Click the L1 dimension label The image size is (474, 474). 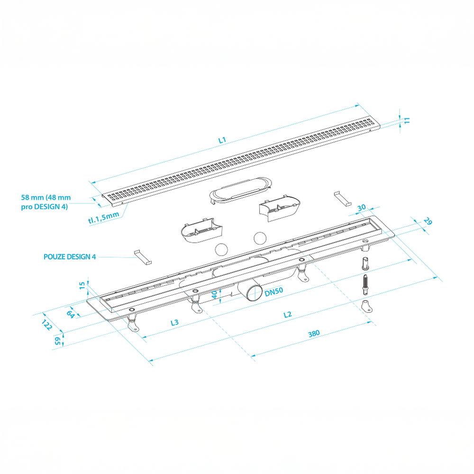(222, 140)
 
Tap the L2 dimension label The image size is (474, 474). (288, 315)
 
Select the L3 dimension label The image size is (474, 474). (175, 323)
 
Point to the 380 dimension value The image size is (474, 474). (314, 334)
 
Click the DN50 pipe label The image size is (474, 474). (274, 292)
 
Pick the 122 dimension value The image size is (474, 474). (47, 325)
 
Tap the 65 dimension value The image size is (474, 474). (57, 341)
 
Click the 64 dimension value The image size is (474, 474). (71, 314)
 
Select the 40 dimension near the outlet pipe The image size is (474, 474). (214, 295)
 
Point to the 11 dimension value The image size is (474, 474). (407, 120)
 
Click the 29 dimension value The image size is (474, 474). (428, 221)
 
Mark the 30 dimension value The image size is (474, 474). (362, 208)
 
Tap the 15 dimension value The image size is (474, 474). (82, 285)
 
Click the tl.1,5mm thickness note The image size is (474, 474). (104, 218)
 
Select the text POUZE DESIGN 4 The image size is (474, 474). (70, 257)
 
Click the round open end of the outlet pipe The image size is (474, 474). (254, 292)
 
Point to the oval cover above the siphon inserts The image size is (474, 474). (240, 190)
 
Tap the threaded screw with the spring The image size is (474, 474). (365, 284)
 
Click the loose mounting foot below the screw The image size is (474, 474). (367, 306)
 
